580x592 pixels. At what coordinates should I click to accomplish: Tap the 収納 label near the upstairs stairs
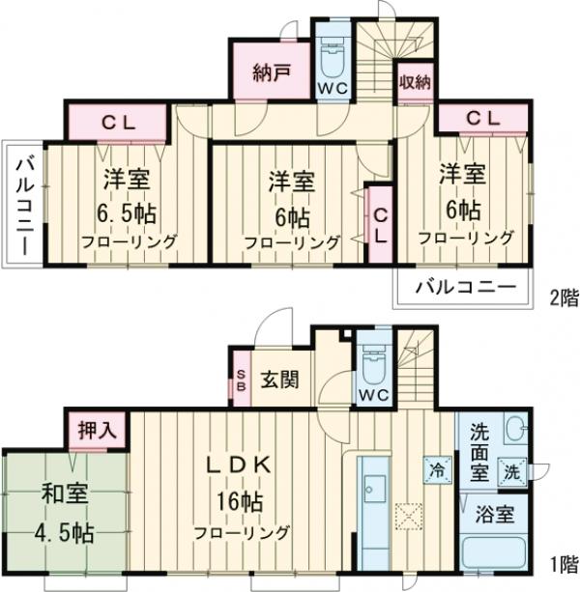coord(415,81)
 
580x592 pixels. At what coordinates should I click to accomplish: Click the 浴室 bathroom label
coord(493,514)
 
